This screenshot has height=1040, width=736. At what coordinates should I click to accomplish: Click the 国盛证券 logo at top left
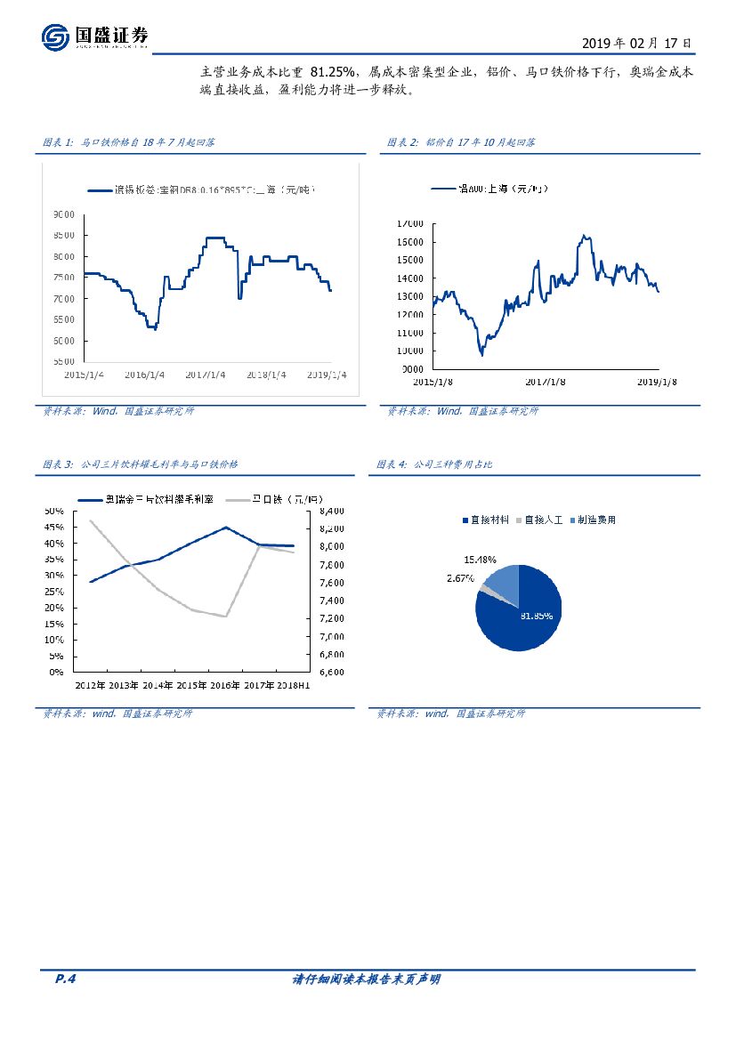94,36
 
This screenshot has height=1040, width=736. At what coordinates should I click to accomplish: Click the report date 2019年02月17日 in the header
635,43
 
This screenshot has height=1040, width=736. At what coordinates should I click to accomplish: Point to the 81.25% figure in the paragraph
334,72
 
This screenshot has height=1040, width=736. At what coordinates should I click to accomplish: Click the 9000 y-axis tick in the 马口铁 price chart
63,214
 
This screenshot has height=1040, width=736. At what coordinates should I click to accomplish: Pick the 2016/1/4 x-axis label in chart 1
145,375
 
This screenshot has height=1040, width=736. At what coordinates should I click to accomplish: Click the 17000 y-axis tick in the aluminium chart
410,223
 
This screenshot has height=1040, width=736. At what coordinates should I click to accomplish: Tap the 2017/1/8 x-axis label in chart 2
546,382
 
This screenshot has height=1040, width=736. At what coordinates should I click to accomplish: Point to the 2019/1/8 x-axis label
658,382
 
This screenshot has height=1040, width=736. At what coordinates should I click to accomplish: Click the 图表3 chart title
140,464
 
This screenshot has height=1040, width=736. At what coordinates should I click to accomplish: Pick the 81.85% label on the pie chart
536,616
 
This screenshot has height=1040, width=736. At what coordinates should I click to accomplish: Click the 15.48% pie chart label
481,560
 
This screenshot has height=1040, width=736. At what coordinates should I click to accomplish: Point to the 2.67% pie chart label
460,578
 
